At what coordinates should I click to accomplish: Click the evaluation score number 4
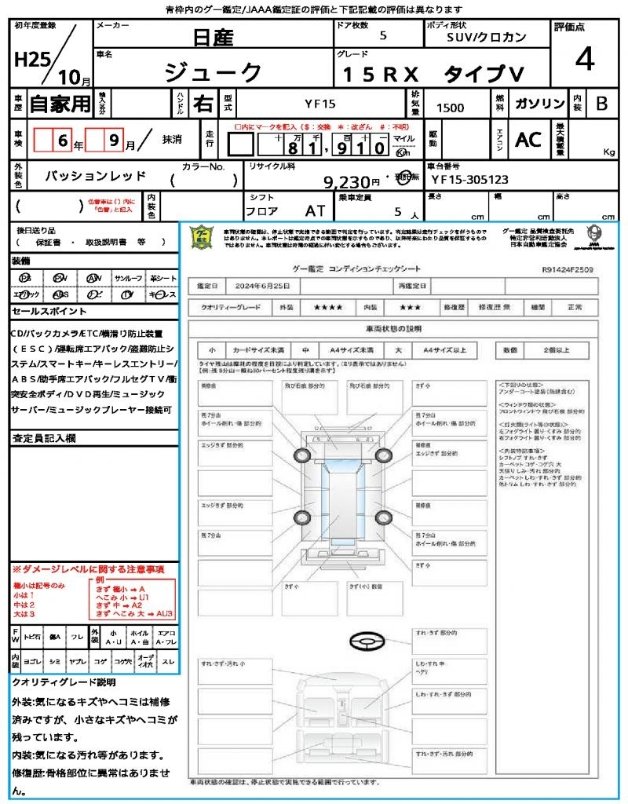(583, 60)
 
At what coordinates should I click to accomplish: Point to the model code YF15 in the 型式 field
(319, 103)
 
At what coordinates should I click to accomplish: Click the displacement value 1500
(450, 108)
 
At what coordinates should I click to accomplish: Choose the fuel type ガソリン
(539, 104)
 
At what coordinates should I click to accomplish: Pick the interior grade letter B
(601, 104)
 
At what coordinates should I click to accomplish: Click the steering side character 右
(204, 103)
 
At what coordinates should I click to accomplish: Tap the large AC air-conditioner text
(528, 139)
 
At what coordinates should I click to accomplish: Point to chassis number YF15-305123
(470, 179)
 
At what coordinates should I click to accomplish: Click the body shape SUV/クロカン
(487, 37)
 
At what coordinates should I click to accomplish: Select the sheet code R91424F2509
(568, 269)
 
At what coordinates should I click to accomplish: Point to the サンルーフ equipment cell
(129, 278)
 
